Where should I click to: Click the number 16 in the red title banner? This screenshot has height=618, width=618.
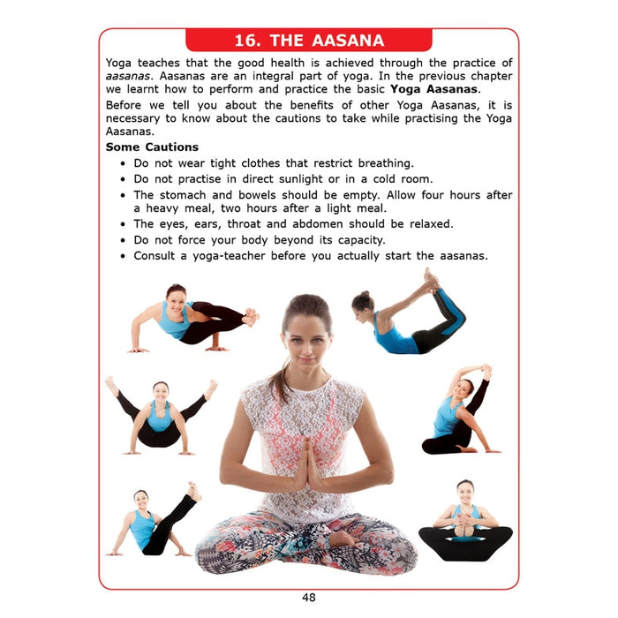click(246, 41)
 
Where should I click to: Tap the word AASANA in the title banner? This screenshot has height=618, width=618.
click(348, 41)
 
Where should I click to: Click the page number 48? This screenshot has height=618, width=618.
click(309, 598)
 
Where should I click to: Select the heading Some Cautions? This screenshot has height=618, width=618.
click(152, 147)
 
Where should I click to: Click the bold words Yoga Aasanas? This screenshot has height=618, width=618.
click(434, 89)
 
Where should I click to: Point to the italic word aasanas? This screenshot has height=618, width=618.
click(127, 76)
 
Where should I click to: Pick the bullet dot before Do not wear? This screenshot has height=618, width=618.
click(123, 163)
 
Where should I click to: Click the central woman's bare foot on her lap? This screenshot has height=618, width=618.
click(341, 539)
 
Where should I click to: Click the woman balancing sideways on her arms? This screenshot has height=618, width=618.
click(193, 319)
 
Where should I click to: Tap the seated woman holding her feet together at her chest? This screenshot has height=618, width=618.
click(465, 520)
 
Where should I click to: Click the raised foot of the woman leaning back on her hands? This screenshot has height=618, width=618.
click(193, 491)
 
